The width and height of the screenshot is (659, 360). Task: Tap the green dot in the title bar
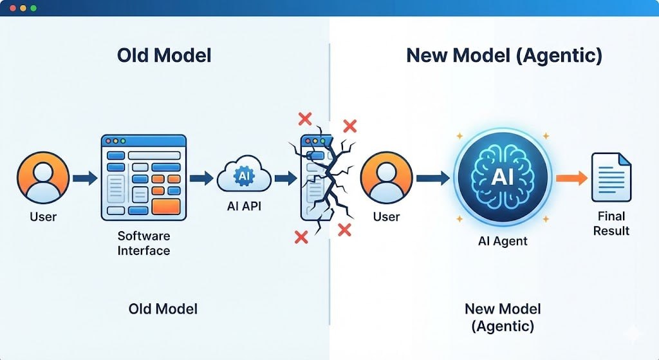[33, 8]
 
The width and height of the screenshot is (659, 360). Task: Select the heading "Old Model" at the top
[164, 55]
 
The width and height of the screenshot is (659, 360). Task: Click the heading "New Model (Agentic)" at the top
[504, 55]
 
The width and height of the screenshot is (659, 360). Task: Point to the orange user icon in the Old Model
[43, 177]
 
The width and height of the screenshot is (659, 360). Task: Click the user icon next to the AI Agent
[386, 177]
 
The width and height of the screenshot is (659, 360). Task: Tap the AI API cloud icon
[244, 176]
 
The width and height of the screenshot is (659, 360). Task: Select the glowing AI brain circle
[501, 176]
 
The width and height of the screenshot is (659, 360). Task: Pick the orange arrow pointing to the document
[571, 177]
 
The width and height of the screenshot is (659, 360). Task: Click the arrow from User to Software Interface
[84, 177]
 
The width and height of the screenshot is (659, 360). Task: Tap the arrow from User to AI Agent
[432, 177]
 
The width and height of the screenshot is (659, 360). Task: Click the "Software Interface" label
[144, 243]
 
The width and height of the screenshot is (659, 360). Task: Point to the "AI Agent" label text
[502, 241]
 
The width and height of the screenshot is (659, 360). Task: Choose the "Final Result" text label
[611, 223]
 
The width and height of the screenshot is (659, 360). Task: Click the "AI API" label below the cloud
[244, 207]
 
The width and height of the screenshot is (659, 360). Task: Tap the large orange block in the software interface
[167, 207]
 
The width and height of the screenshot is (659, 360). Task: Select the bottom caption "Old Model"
[163, 308]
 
